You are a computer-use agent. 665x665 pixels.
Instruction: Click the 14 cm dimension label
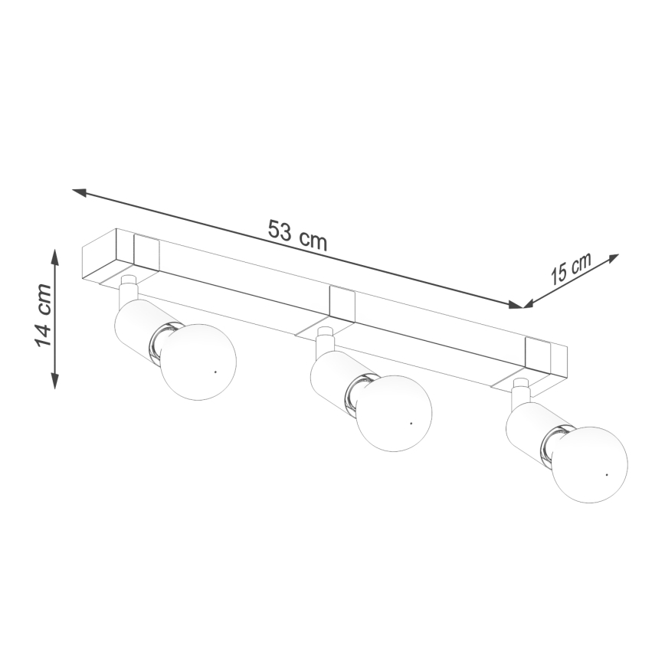coord(44,316)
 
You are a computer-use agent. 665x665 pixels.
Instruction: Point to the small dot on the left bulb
coord(215,372)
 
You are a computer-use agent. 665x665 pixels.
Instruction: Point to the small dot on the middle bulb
coord(411,422)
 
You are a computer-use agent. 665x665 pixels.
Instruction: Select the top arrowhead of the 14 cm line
coord(54,255)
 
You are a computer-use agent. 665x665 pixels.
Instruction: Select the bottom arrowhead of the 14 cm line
coord(54,381)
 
